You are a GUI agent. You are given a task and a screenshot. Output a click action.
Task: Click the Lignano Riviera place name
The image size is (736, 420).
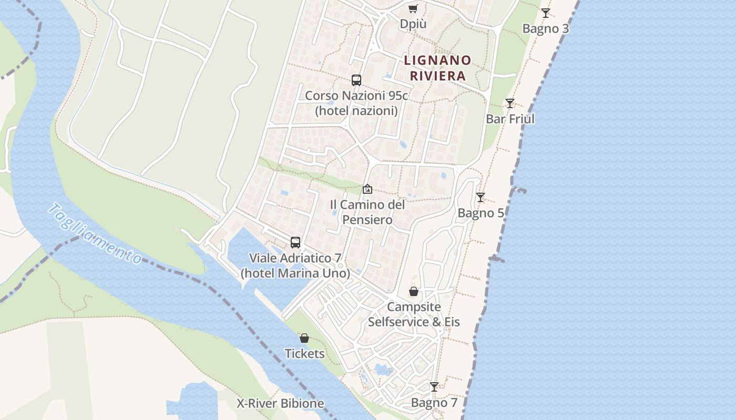[437, 68]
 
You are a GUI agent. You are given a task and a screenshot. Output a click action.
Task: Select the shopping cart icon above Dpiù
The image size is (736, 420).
[413, 9]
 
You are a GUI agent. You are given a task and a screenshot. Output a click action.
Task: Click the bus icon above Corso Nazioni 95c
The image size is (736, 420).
[356, 80]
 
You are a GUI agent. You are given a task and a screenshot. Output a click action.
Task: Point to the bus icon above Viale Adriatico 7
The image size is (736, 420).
[295, 243]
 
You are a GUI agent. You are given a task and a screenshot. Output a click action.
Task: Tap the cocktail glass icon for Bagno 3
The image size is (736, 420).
[546, 13]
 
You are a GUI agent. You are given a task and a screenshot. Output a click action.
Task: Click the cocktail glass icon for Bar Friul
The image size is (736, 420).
[509, 103]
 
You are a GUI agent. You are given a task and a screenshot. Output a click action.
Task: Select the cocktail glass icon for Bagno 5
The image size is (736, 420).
[481, 197]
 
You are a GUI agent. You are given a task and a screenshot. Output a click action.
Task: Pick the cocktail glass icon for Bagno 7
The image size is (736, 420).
[434, 387]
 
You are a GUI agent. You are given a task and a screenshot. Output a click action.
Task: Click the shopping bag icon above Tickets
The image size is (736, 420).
[304, 338]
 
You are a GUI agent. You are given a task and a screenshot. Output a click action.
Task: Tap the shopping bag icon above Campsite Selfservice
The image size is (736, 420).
[414, 291]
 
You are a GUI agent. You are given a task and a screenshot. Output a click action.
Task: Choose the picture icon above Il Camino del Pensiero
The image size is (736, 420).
[367, 189]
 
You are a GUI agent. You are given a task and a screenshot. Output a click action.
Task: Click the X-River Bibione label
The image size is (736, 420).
[280, 404]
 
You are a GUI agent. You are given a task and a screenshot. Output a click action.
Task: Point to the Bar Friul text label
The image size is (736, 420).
[510, 119]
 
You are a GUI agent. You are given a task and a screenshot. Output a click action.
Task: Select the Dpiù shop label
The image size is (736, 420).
[413, 24]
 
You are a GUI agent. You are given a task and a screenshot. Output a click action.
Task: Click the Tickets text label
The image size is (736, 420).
[304, 354]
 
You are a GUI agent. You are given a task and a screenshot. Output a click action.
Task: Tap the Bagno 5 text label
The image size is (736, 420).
[481, 213]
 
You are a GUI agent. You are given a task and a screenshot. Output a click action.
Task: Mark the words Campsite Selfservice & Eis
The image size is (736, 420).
[414, 314]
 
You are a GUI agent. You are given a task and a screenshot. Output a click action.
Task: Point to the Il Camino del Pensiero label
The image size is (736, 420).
[367, 212]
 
